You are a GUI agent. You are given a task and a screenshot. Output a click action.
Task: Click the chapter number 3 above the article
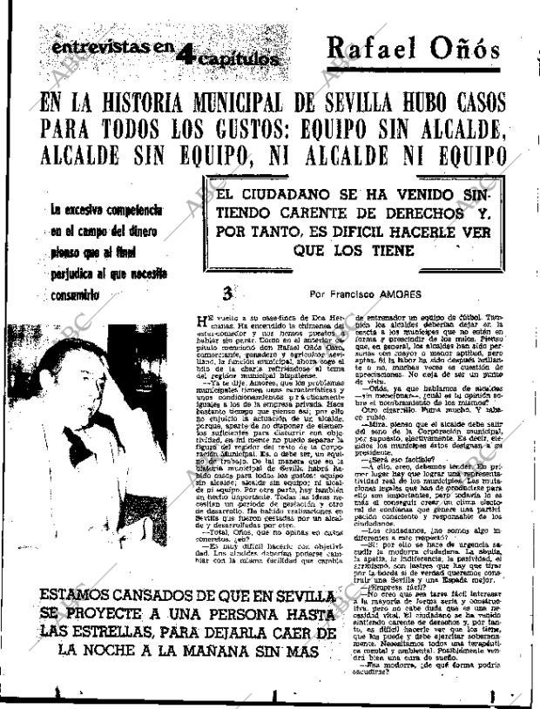[x=228, y=294]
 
